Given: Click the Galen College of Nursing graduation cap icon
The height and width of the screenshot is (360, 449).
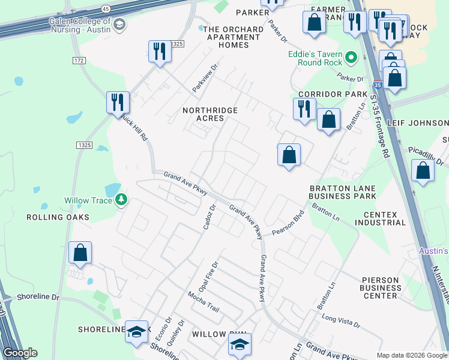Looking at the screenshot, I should [119, 25].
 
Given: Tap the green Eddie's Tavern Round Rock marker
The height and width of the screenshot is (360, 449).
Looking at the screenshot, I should [352, 58].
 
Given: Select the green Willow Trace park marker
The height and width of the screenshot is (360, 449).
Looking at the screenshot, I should [121, 199].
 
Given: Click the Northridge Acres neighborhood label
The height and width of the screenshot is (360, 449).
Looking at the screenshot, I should [210, 114].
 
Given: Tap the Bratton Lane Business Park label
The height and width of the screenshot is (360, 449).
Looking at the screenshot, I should [342, 192].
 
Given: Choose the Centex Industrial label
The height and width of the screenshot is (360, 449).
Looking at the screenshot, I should [380, 218].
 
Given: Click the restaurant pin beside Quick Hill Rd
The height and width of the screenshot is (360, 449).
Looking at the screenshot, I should [118, 101].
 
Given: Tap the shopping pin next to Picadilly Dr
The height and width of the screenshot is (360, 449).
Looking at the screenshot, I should [423, 170].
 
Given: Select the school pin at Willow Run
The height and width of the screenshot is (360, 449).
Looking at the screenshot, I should [240, 344].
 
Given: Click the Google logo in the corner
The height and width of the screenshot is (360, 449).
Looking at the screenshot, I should [20, 353].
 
